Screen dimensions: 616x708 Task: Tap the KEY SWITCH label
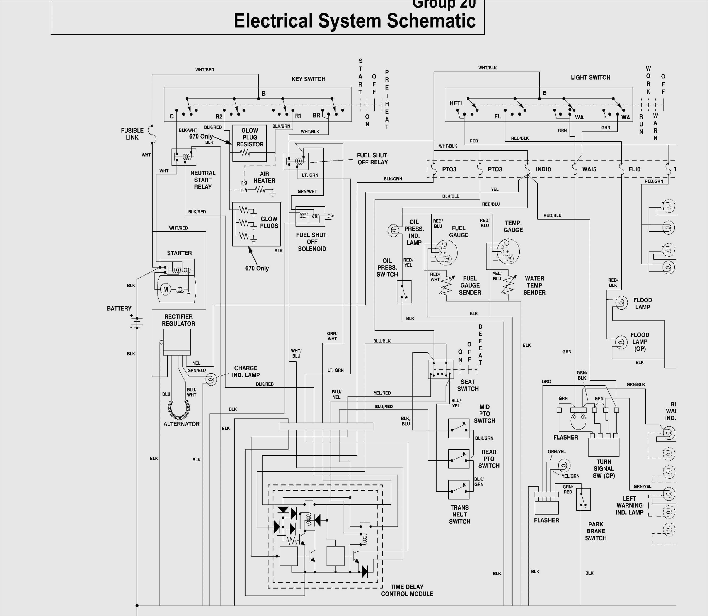[x=308, y=79]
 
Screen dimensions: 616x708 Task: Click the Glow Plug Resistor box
[x=249, y=143]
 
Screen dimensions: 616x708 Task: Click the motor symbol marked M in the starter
[x=166, y=289]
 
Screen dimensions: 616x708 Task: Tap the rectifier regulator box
[x=177, y=342]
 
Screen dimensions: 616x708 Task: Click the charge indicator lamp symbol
[x=211, y=379]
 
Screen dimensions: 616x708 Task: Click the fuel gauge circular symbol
[x=446, y=252]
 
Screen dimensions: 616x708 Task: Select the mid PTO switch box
[x=459, y=428]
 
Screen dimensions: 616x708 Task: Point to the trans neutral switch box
[x=459, y=490]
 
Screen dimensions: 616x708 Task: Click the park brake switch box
[x=583, y=499]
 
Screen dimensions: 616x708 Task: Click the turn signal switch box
[x=604, y=446]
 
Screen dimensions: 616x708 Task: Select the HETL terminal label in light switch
[x=456, y=103]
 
